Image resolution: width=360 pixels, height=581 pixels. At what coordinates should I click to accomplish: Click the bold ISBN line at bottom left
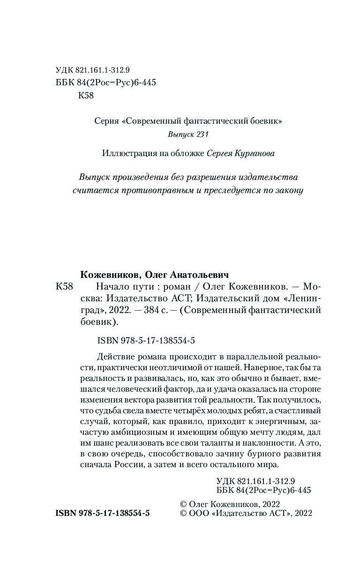point(103,514)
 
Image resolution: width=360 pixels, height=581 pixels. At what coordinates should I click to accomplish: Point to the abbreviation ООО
point(199,514)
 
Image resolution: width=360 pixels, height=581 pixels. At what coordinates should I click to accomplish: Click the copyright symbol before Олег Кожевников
point(184,504)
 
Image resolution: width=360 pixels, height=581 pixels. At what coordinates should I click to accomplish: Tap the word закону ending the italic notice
point(290,191)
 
